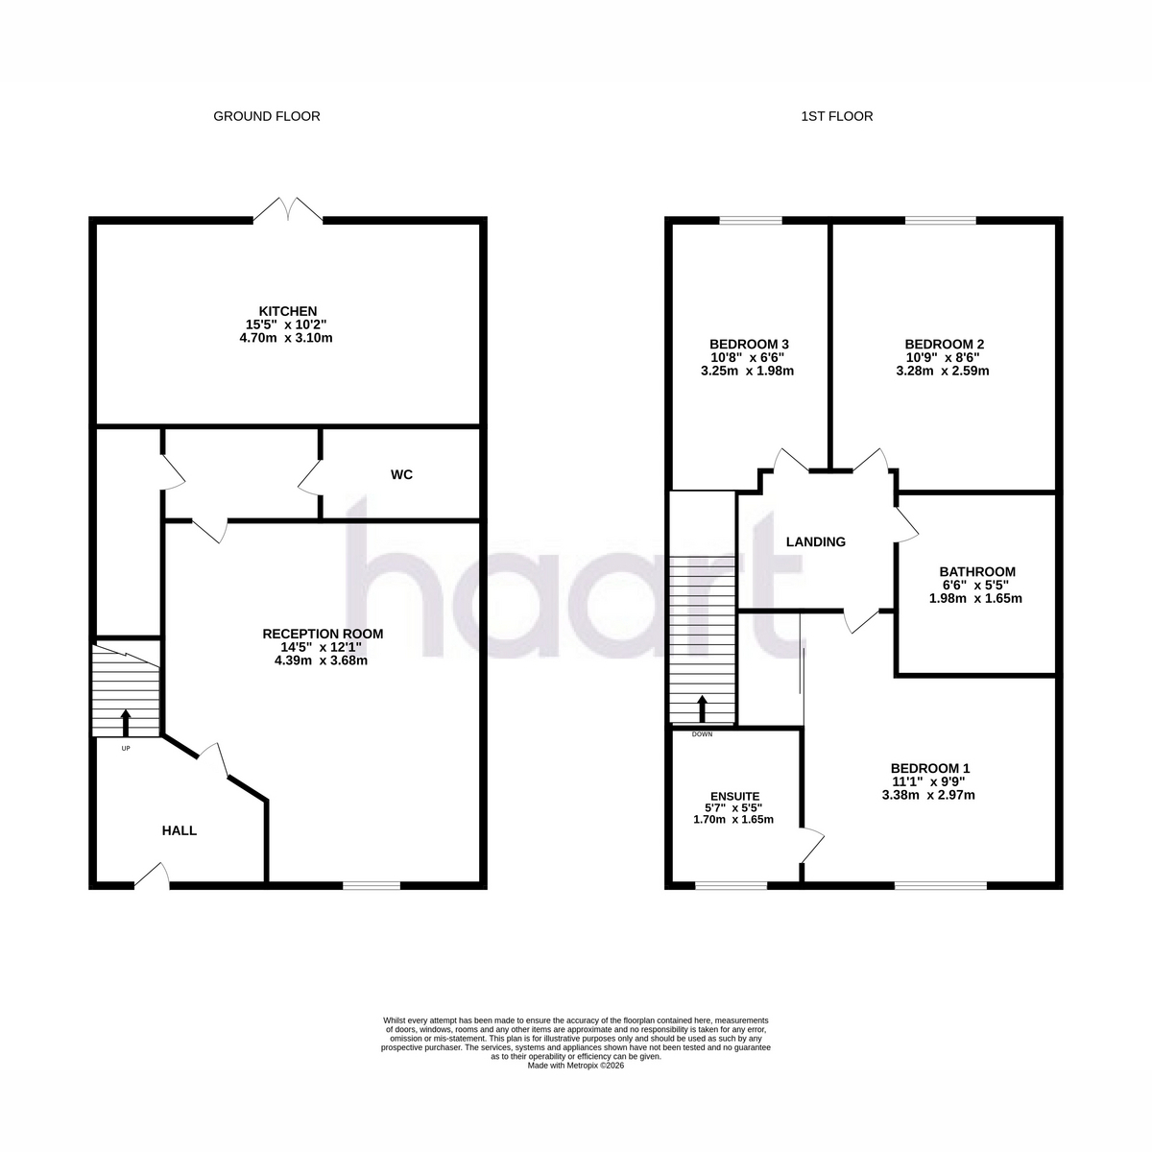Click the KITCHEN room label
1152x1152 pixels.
(x=288, y=311)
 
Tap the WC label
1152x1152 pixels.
(x=401, y=474)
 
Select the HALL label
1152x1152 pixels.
(x=180, y=830)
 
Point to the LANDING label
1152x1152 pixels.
(x=815, y=541)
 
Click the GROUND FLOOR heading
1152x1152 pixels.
(x=267, y=116)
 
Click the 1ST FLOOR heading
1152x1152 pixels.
(x=837, y=116)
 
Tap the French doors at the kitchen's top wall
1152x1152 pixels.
(x=288, y=210)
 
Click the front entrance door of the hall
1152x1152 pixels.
(x=152, y=875)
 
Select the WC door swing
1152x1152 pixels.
(x=310, y=477)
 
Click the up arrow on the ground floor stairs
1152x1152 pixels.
(x=126, y=723)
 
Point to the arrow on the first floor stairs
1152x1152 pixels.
(x=703, y=708)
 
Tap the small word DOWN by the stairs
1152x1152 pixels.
(x=702, y=734)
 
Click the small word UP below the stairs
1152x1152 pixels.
(x=126, y=748)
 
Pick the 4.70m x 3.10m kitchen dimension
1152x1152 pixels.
(x=286, y=338)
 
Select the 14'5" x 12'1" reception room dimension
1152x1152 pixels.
(x=322, y=647)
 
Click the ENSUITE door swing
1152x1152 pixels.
(x=812, y=845)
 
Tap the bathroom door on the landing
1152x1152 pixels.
(x=906, y=525)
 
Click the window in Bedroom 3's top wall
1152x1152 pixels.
(x=751, y=220)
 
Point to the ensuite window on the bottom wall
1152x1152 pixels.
(x=731, y=885)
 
